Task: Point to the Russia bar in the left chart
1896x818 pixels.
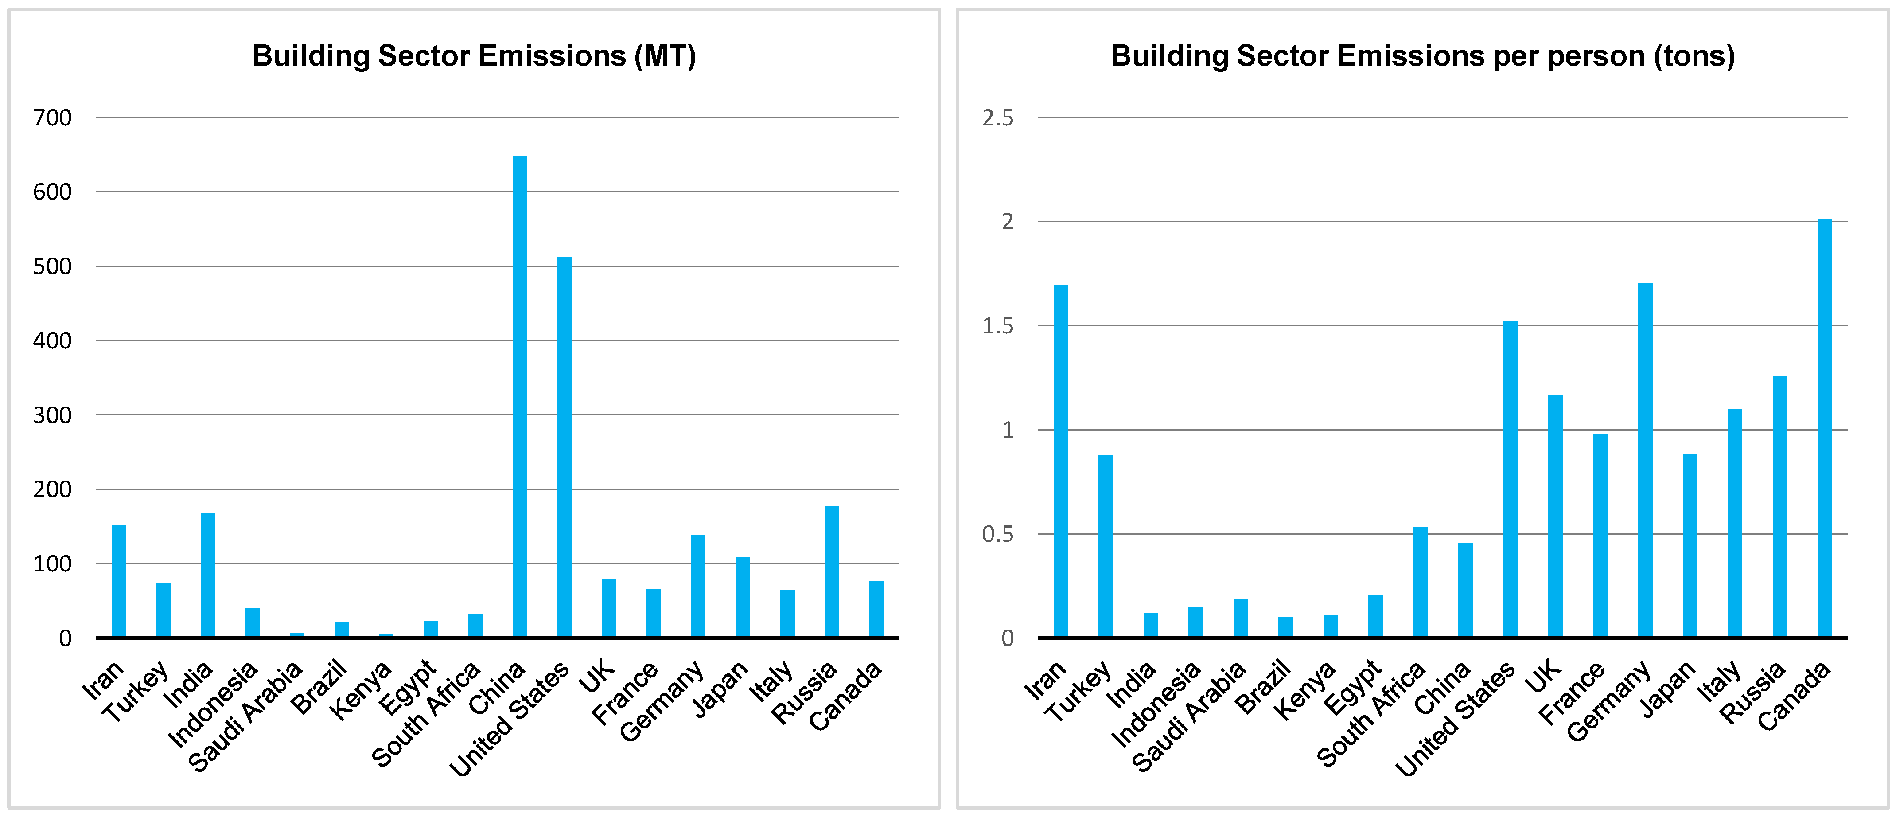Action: [x=832, y=571]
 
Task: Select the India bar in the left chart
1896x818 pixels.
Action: [x=207, y=575]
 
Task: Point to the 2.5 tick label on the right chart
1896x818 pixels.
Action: [x=997, y=118]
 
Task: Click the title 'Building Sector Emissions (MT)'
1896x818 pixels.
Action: [x=474, y=56]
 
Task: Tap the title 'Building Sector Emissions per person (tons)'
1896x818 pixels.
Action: [x=1422, y=56]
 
